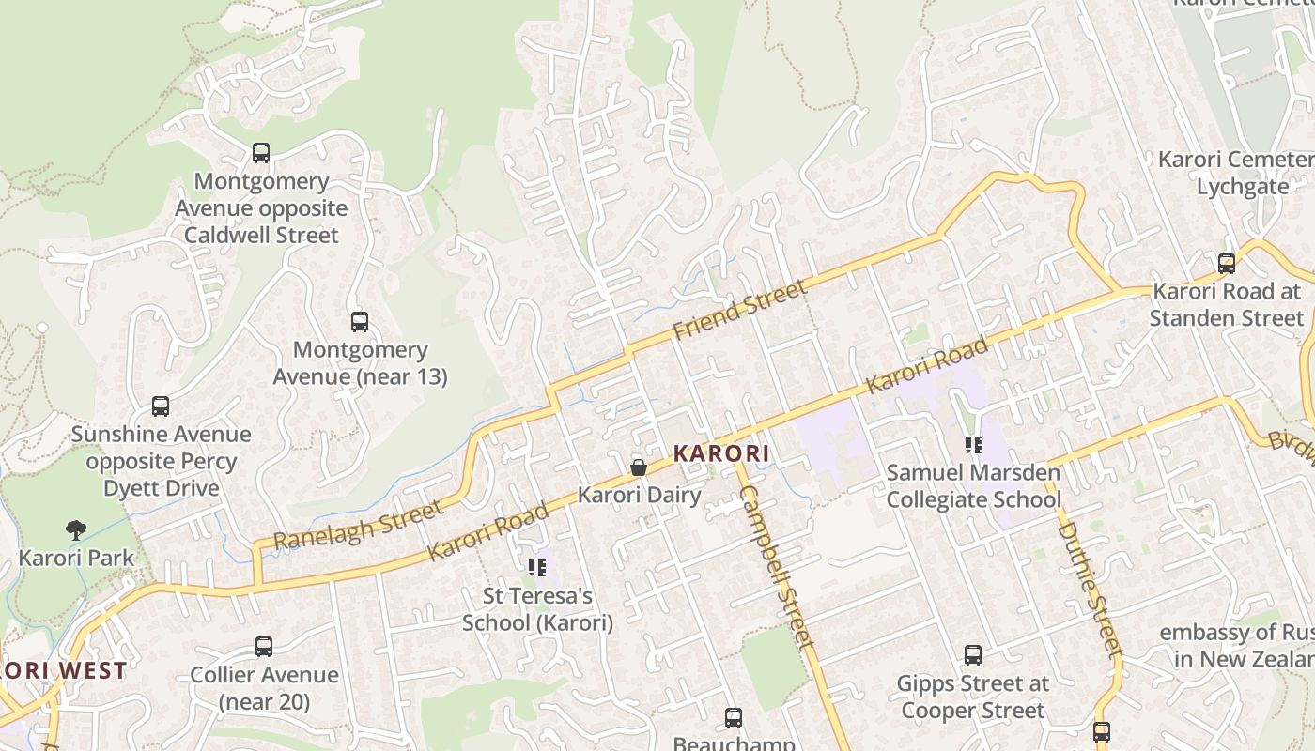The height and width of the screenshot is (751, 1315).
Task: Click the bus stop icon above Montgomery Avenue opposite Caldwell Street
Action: tap(261, 153)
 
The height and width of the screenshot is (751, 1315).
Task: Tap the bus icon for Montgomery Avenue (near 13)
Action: tap(360, 322)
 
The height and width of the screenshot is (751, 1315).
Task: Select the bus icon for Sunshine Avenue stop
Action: tap(161, 406)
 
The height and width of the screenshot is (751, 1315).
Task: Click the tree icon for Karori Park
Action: tap(76, 530)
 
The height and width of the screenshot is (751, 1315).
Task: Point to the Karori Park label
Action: tap(76, 558)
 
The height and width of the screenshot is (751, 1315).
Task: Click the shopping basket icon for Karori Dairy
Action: tap(639, 467)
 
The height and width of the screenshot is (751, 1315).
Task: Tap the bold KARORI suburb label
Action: tap(721, 453)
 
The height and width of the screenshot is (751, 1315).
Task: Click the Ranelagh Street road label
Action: tap(358, 526)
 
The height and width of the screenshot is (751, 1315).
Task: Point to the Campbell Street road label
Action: tap(776, 567)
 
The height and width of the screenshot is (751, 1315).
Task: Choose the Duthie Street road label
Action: tap(1091, 590)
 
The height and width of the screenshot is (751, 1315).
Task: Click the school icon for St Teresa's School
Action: tap(537, 567)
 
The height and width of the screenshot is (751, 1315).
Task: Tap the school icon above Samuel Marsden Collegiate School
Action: tap(973, 445)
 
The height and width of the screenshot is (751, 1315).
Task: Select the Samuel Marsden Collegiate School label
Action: tap(973, 486)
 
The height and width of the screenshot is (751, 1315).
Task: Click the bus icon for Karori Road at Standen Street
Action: tap(1226, 264)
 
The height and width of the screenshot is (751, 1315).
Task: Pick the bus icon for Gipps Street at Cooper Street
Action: tap(973, 655)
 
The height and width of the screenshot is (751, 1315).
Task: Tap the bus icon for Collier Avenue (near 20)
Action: tap(264, 647)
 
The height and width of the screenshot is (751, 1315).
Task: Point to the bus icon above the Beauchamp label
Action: tap(734, 718)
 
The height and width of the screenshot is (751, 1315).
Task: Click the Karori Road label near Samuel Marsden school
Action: tap(927, 365)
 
